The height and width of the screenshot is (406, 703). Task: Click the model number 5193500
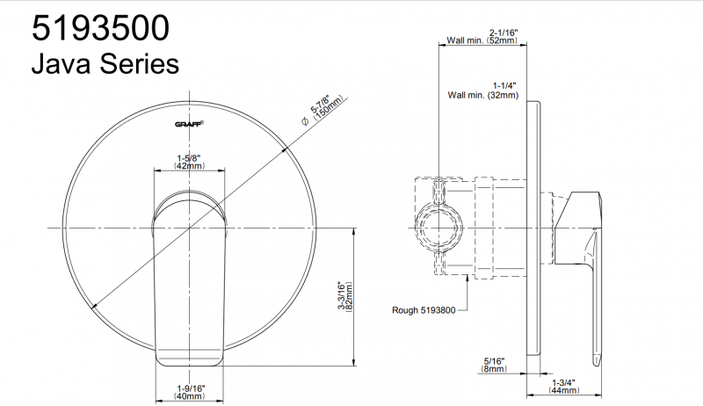[x=100, y=28]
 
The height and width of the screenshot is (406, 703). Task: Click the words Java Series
[x=105, y=63]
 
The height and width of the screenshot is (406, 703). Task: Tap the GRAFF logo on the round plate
[x=189, y=124]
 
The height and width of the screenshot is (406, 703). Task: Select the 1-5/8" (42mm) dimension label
[x=189, y=163]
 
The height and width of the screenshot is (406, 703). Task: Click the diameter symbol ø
[x=305, y=121]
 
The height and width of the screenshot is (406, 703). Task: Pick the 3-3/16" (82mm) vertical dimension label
[x=345, y=296]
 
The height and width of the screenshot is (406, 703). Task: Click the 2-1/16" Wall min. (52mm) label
[x=482, y=37]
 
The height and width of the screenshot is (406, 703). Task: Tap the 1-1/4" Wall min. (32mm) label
[x=482, y=90]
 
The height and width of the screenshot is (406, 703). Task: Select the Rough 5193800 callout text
[x=424, y=310]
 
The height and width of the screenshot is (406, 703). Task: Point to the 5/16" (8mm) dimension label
[x=494, y=365]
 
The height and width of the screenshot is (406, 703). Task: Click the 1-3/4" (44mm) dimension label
[x=563, y=387]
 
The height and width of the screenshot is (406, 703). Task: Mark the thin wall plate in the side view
[x=533, y=228]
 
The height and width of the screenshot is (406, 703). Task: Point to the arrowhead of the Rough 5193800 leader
[x=467, y=278]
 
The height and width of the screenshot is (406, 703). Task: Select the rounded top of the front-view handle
[x=189, y=196]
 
